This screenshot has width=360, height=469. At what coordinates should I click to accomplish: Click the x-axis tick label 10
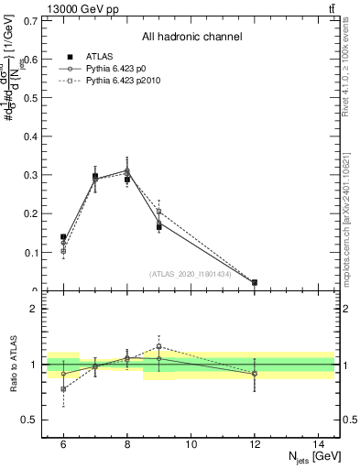191,443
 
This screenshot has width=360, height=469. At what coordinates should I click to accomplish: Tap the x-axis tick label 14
318,443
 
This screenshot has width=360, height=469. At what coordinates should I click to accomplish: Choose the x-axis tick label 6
63,443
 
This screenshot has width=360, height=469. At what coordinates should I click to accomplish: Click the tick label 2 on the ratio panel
37,309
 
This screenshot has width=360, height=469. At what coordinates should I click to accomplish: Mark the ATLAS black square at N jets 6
63,237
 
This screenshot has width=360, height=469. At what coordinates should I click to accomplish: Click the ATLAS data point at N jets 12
254,283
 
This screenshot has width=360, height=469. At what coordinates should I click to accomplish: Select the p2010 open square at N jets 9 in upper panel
158,212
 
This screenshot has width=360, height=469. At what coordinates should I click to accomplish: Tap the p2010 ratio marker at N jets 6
63,389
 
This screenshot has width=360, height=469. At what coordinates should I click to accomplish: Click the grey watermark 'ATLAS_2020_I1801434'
191,273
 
